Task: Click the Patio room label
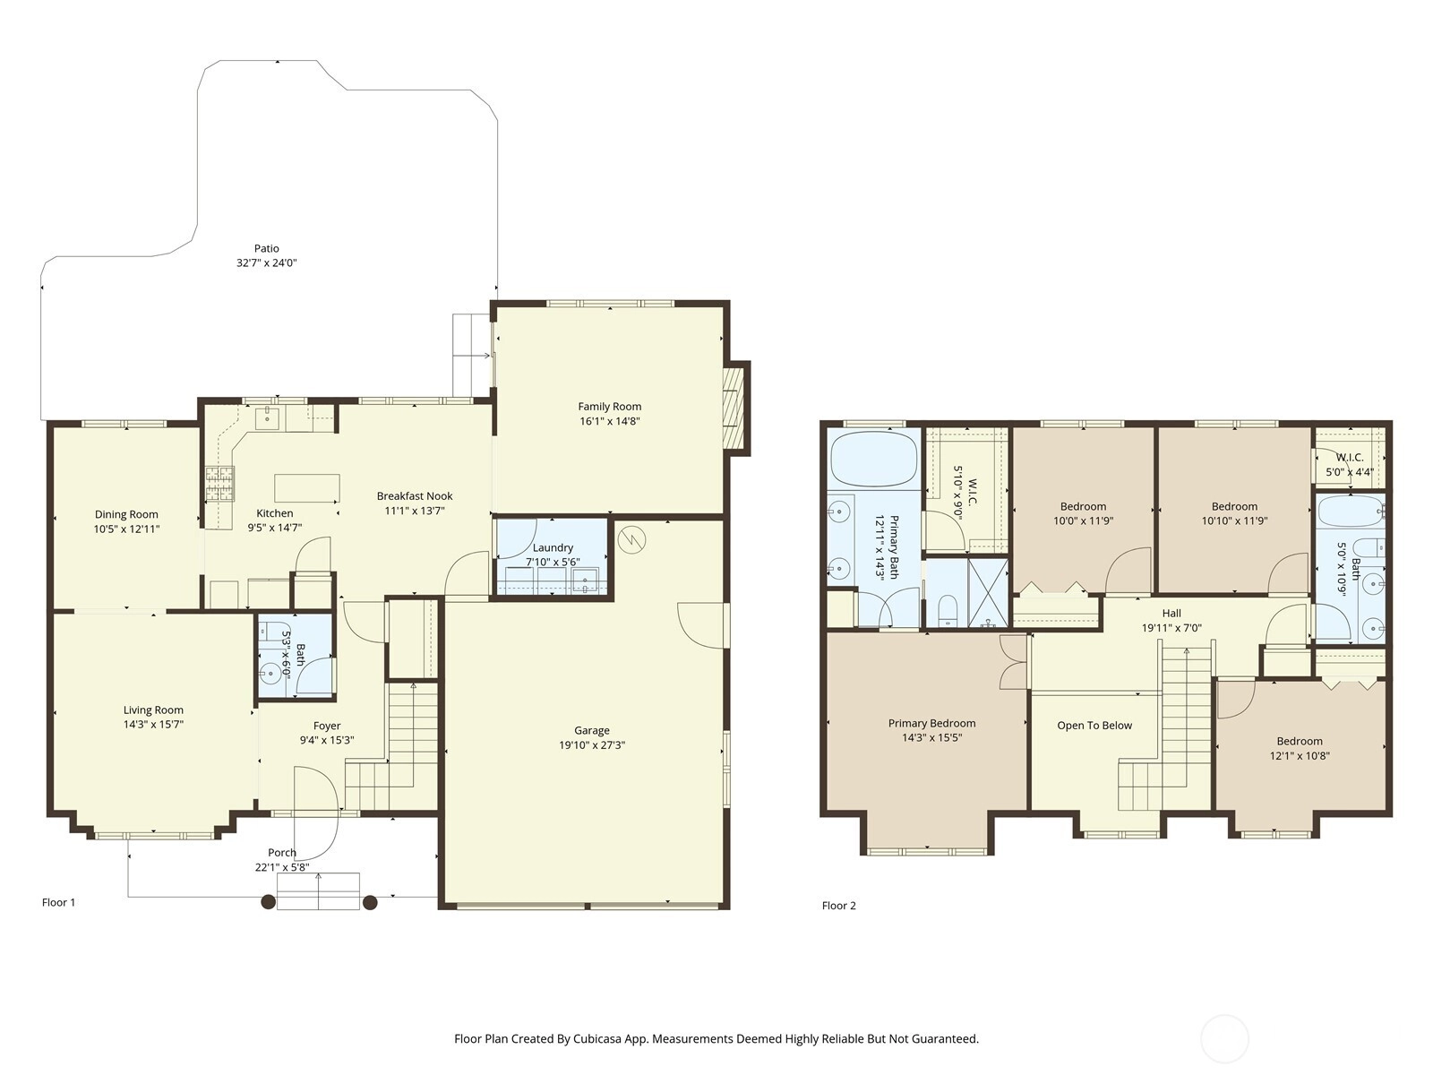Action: click(266, 249)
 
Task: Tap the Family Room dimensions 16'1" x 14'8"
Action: click(609, 421)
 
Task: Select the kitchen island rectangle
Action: click(307, 487)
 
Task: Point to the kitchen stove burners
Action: click(220, 484)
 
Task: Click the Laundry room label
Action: click(553, 547)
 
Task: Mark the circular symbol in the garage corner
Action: click(631, 539)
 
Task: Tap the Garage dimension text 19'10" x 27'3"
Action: click(592, 744)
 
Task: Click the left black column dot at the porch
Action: click(269, 902)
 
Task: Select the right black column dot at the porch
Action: click(370, 902)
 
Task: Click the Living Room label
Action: click(153, 710)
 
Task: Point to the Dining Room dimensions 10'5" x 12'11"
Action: click(126, 529)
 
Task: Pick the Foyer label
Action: click(327, 726)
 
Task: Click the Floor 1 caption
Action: click(59, 902)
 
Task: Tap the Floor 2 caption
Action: click(839, 906)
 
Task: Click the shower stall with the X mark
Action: click(988, 593)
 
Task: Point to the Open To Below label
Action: click(1094, 726)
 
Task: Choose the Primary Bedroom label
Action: click(931, 723)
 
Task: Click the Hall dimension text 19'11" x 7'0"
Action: click(1171, 628)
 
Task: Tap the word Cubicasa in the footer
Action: click(596, 1038)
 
